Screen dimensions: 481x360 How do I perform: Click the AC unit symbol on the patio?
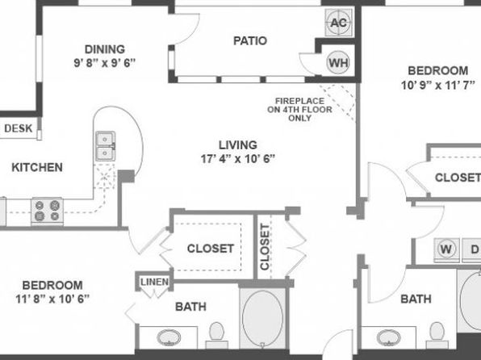[x=339, y=23]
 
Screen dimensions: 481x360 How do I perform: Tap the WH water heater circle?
[x=338, y=62]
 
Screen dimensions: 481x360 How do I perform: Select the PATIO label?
[x=250, y=41]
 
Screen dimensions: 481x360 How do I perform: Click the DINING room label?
[x=105, y=49]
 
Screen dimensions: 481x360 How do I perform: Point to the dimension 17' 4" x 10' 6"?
[x=238, y=159]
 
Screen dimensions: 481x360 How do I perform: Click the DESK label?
[x=19, y=128]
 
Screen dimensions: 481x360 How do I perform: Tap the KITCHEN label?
[x=37, y=167]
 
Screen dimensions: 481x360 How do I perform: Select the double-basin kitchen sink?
[x=106, y=146]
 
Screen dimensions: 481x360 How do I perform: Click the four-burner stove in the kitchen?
[x=48, y=211]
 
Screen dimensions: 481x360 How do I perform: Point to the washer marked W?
[x=446, y=249]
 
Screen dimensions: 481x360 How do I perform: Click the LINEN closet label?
[x=154, y=282]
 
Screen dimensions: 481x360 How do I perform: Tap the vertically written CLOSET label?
[x=265, y=247]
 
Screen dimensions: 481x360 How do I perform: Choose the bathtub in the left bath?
[x=263, y=318]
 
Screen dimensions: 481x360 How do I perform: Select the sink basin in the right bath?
[x=389, y=337]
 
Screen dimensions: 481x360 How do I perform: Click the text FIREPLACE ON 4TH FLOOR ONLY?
[x=299, y=110]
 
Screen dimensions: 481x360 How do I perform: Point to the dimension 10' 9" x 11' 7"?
[x=438, y=85]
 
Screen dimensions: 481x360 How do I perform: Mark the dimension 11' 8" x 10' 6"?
[x=52, y=299]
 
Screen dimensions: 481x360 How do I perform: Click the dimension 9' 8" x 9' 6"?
[x=105, y=63]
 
